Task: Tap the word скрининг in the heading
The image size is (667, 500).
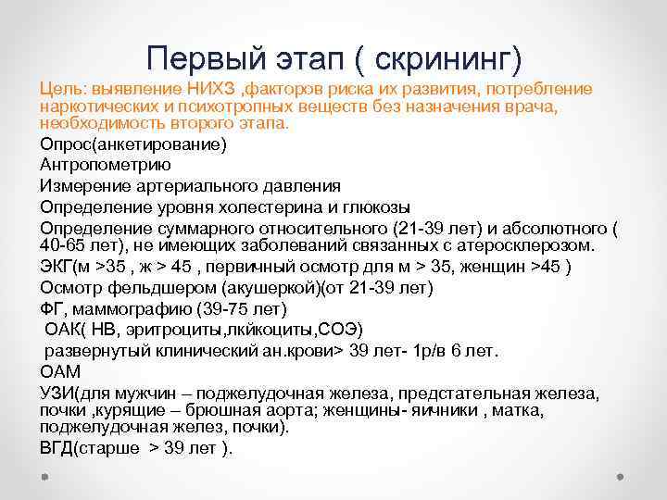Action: tap(446, 58)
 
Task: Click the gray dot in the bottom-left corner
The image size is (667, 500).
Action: tap(45, 478)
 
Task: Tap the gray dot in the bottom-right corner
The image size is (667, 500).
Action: tap(622, 478)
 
